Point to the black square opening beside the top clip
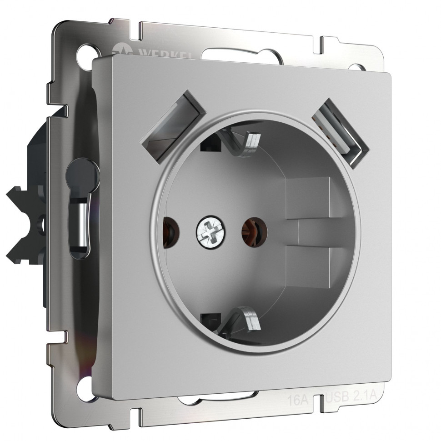click(x=210, y=144)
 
